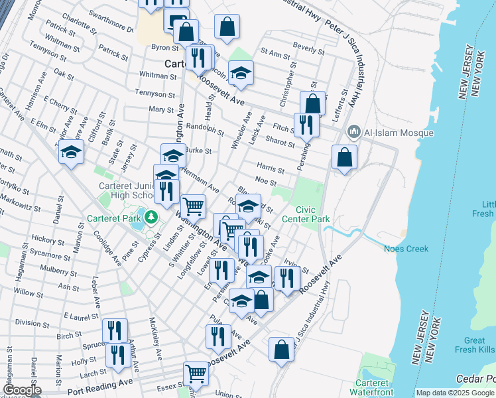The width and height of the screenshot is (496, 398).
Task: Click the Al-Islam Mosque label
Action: [399, 133]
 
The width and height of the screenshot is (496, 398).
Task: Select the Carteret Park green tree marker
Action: [151, 217]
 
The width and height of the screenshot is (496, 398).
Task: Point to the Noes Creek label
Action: [406, 249]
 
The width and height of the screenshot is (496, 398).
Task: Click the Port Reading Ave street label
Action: [99, 384]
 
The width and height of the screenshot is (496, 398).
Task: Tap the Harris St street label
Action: [272, 167]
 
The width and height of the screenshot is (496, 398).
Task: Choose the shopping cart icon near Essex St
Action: [196, 373]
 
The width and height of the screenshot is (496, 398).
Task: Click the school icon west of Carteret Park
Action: [71, 152]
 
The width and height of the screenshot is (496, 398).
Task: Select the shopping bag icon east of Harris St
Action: [344, 157]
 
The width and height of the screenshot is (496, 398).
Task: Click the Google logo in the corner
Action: [22, 390]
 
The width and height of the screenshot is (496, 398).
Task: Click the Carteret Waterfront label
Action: [375, 387]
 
